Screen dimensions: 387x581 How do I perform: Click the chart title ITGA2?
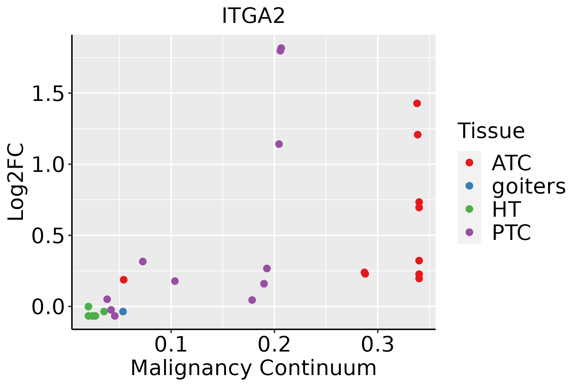click(x=253, y=16)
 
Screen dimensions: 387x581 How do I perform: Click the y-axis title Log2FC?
click(x=16, y=182)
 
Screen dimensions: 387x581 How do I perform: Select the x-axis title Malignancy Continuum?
click(x=253, y=368)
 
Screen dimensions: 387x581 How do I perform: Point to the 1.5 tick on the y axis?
click(x=48, y=94)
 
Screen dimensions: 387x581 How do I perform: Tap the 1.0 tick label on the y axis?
click(x=48, y=164)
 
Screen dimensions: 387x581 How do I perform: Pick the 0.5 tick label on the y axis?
click(x=48, y=236)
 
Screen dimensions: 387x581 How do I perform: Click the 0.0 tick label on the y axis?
click(x=48, y=307)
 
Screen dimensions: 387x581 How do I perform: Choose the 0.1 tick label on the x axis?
click(x=171, y=345)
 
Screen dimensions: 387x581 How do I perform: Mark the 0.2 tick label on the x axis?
click(x=274, y=345)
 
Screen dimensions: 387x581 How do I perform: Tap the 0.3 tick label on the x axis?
click(x=378, y=345)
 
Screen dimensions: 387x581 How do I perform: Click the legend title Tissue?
click(x=491, y=131)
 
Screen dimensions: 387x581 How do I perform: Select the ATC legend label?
click(x=511, y=163)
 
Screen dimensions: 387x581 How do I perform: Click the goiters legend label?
click(x=529, y=186)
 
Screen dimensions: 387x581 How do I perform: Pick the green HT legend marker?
click(x=469, y=209)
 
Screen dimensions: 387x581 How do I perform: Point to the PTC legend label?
click(x=511, y=233)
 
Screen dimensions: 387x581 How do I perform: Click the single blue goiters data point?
click(x=123, y=312)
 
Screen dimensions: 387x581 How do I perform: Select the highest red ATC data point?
click(x=417, y=104)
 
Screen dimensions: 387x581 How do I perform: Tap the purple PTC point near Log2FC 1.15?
click(x=279, y=144)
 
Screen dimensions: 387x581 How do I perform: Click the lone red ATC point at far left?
click(x=124, y=280)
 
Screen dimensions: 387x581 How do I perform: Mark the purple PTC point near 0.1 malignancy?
click(x=175, y=281)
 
